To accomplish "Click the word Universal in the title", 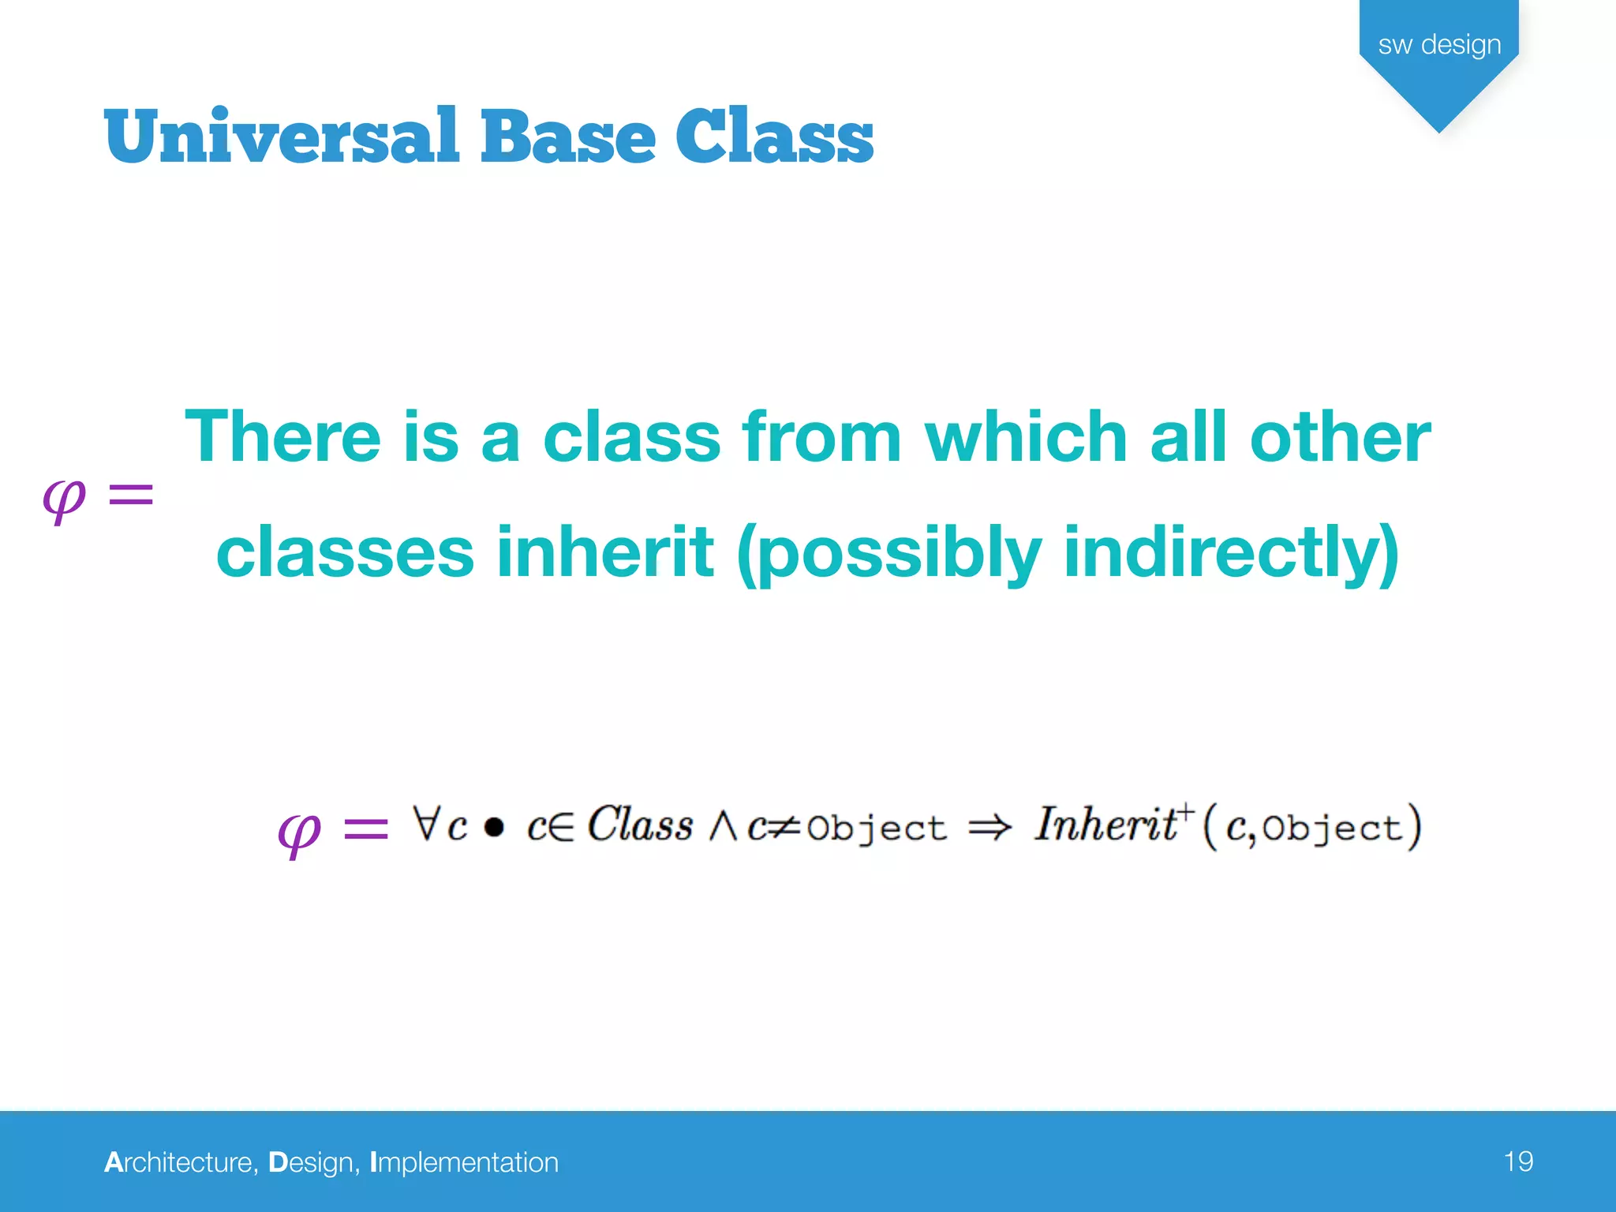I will [280, 138].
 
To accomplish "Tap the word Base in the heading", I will [568, 138].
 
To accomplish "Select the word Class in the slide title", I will [775, 138].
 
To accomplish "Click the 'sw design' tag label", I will [1439, 45].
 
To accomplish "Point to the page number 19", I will [1518, 1161].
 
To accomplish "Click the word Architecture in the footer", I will [181, 1162].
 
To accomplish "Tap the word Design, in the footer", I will [313, 1162].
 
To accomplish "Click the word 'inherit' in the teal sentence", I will [605, 552].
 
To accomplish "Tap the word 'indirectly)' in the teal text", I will [1232, 552].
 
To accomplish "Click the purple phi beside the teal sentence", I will [64, 499].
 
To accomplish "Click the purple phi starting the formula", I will [300, 833].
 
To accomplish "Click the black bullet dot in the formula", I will [494, 827].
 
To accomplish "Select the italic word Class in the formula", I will [640, 825].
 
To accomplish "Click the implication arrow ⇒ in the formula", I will [989, 827].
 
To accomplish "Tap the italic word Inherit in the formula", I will [1105, 825].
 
